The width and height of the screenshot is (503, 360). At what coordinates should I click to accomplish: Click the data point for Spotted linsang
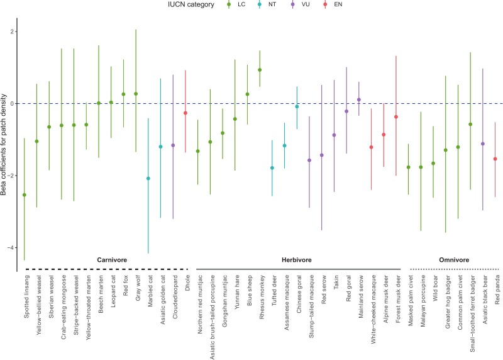[25, 195]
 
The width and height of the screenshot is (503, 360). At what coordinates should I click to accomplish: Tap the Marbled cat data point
[148, 179]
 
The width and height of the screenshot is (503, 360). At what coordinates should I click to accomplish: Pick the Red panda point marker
[495, 159]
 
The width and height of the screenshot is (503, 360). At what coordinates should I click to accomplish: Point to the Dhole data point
[185, 113]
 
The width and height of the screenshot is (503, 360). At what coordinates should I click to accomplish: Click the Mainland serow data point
[359, 99]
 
